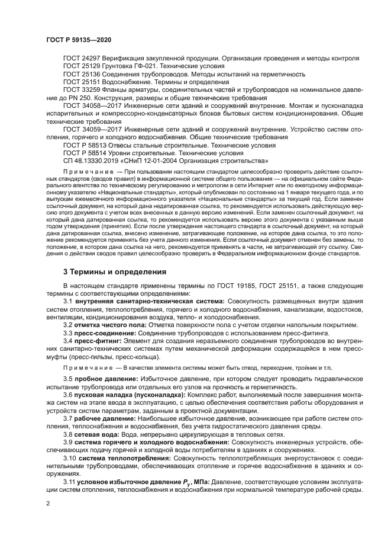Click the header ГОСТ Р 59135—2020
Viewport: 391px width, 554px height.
[x=78, y=39]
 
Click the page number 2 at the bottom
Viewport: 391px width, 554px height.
[x=48, y=502]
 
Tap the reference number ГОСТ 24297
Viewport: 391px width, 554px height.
[x=82, y=59]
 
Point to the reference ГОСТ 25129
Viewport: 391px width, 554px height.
[x=82, y=66]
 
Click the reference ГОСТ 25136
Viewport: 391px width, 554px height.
[x=82, y=74]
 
